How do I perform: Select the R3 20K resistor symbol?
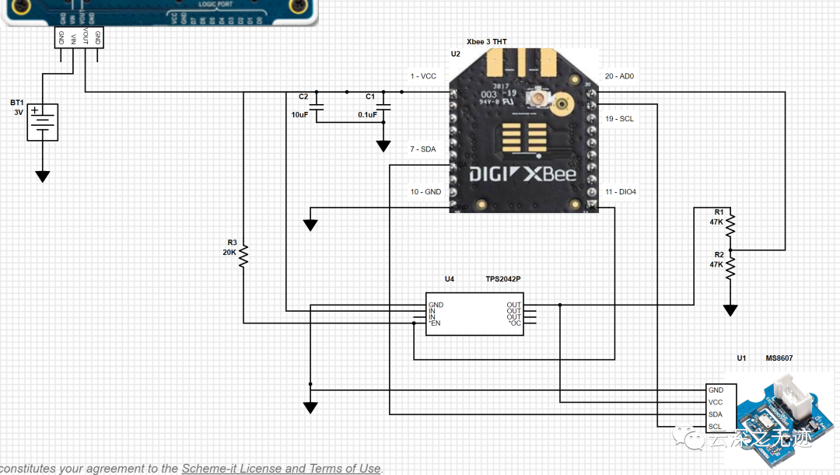pos(243,255)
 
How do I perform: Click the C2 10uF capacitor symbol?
pos(320,107)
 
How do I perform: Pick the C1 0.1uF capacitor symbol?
pos(383,107)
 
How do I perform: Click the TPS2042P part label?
pos(503,278)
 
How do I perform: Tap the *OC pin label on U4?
pos(514,323)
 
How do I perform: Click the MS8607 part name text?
pos(779,358)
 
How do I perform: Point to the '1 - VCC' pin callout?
pos(423,76)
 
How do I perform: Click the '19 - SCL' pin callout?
pos(619,119)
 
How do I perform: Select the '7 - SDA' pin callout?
pos(423,148)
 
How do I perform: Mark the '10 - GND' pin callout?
pos(425,191)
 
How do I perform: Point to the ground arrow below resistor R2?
pos(730,311)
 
